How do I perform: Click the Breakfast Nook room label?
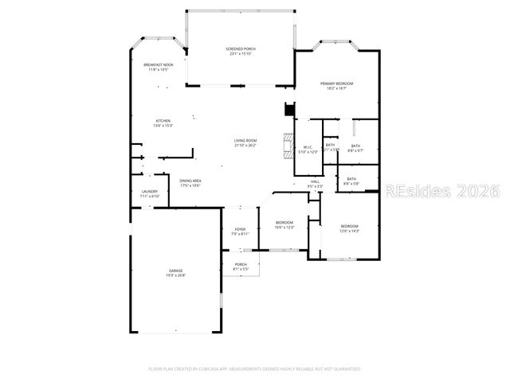point(157,67)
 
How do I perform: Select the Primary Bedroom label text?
point(336,85)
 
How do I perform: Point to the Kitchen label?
point(163,123)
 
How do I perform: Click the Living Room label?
point(245,142)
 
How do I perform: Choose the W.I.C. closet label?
point(308,149)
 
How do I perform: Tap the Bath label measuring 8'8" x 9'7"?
point(355,148)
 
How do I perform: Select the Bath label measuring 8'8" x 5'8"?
point(351,181)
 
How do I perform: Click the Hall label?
point(316,183)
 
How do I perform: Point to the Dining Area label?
point(190,182)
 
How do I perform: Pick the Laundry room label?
point(150,193)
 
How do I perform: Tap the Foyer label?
point(240,231)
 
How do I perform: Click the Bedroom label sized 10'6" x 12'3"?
point(284,224)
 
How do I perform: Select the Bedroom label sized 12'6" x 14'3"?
point(350,228)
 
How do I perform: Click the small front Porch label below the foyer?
point(241,267)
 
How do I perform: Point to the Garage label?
point(175,273)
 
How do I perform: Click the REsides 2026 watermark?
point(441,192)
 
